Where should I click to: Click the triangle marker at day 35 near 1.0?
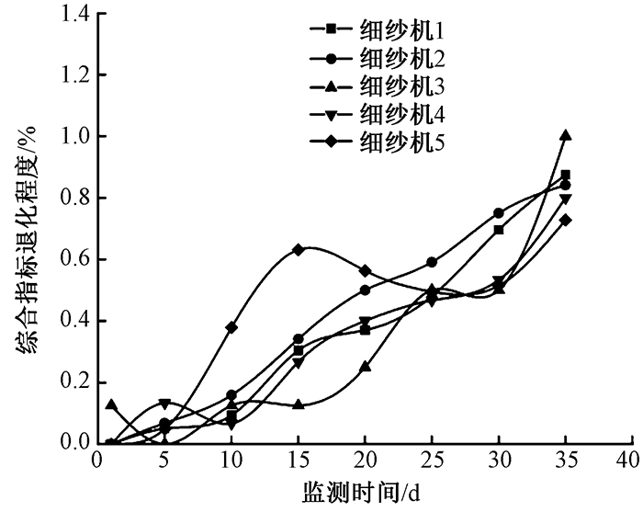[566, 135]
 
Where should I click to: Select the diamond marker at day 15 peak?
[299, 249]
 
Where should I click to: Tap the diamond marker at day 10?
[231, 327]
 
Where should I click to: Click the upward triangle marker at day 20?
[365, 367]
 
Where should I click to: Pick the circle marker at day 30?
[499, 213]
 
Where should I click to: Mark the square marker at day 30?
[499, 230]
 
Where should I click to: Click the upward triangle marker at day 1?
[111, 404]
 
